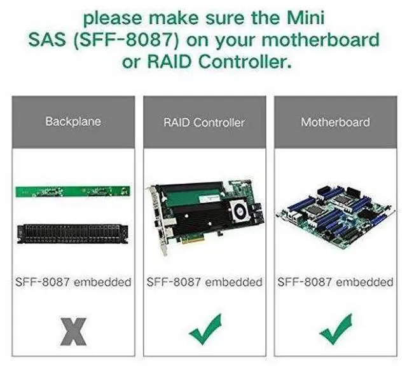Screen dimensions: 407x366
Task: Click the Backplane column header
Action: coord(73,121)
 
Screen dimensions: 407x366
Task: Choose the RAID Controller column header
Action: coord(203,122)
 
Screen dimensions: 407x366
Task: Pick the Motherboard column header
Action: coord(335,121)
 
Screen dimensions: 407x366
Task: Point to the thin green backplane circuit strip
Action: coord(72,191)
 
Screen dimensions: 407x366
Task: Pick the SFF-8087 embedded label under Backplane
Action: coord(73,281)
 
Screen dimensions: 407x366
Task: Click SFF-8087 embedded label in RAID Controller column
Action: coord(203,281)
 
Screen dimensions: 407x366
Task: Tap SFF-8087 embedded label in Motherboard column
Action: coord(335,281)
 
